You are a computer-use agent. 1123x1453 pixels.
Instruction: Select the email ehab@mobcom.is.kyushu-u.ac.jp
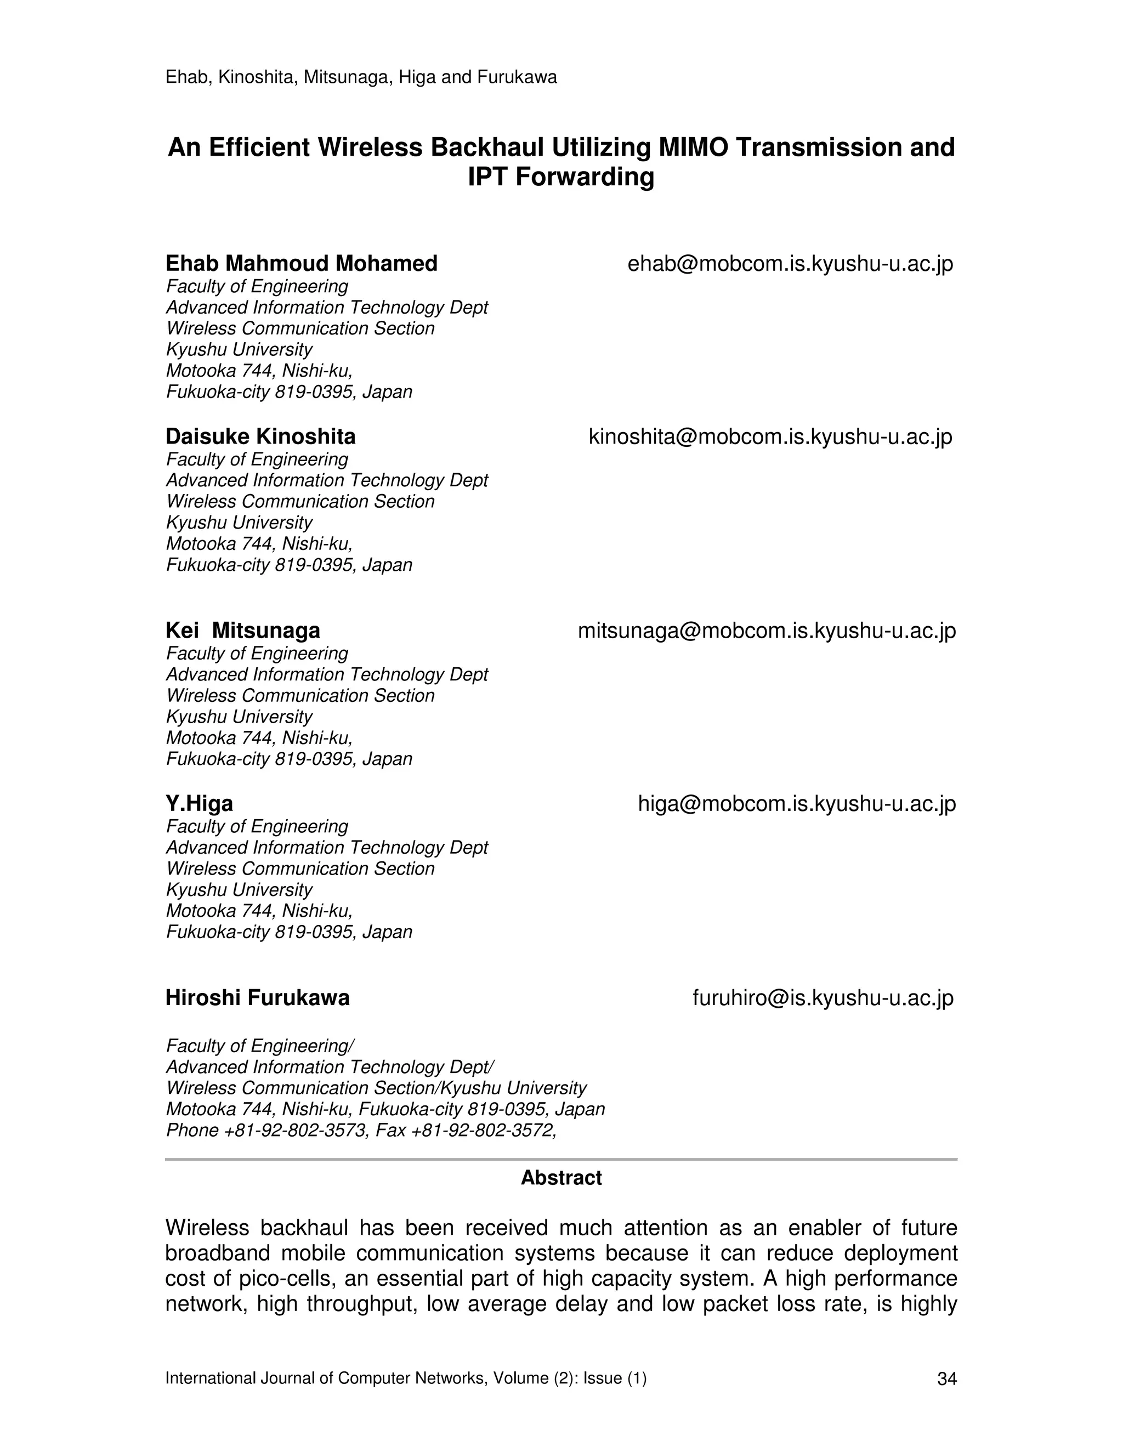click(x=790, y=264)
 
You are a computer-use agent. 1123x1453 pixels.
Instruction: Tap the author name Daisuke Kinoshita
click(x=260, y=436)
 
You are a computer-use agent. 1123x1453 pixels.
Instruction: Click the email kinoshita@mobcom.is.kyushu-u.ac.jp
click(x=770, y=437)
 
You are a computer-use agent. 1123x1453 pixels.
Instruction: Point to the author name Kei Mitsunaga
click(x=243, y=630)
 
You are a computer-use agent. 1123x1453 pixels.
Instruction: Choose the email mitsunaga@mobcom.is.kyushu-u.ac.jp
click(x=767, y=631)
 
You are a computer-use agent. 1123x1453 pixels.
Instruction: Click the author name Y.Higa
click(x=199, y=804)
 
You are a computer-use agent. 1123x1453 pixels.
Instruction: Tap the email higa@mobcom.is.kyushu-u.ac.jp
click(x=796, y=804)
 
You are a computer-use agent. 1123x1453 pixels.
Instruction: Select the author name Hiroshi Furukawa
click(x=258, y=998)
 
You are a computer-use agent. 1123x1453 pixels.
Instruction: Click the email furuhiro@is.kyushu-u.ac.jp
click(x=823, y=998)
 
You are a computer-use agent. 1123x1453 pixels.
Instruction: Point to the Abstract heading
click(x=561, y=1178)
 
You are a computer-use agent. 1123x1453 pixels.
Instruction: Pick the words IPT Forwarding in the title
click(x=561, y=177)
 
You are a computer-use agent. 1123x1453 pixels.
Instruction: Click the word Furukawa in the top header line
click(x=517, y=78)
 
